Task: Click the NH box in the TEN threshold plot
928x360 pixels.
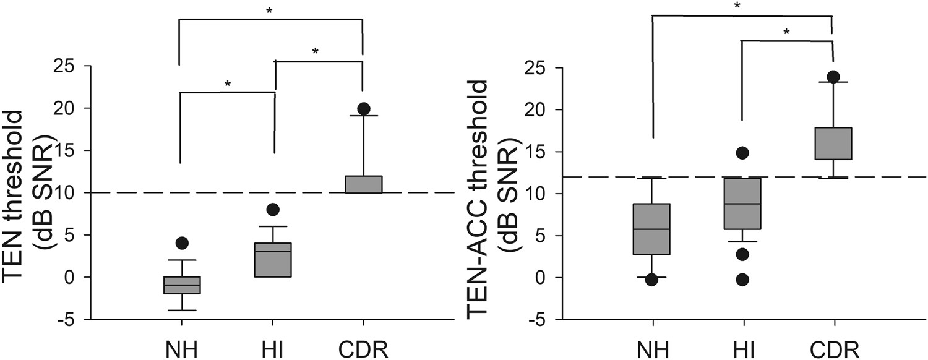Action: click(x=181, y=285)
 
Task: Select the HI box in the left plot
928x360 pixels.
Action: click(x=273, y=260)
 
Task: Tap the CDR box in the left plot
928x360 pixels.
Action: click(x=363, y=184)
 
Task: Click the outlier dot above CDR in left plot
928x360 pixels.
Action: click(x=363, y=109)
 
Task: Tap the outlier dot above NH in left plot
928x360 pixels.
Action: click(x=181, y=243)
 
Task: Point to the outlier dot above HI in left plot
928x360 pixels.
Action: click(x=273, y=209)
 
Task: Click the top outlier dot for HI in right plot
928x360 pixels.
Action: click(x=743, y=152)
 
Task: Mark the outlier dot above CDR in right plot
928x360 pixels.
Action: click(x=833, y=77)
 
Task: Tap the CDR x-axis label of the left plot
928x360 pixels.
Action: click(x=363, y=349)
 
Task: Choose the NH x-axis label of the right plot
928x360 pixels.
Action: click(x=653, y=349)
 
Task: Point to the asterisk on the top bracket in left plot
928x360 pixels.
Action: click(x=270, y=11)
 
